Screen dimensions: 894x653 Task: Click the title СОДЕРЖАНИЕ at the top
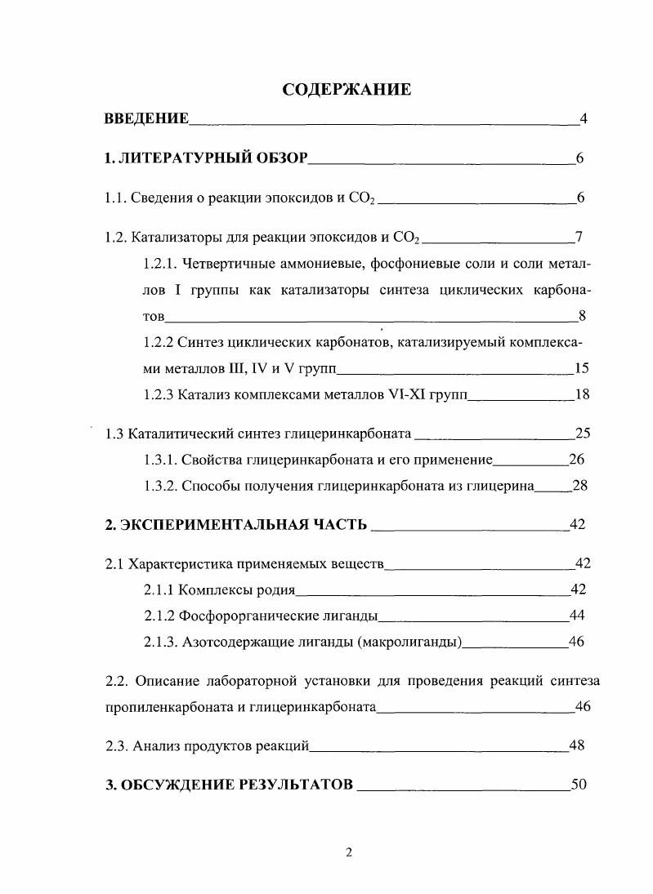click(346, 90)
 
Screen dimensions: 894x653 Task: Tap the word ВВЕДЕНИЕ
click(147, 119)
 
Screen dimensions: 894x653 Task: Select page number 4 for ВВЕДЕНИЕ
click(584, 119)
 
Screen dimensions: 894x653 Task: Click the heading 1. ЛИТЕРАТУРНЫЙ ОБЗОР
click(206, 159)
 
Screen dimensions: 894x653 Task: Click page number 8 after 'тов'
click(583, 316)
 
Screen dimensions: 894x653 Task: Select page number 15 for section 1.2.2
click(582, 368)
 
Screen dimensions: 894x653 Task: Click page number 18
click(582, 394)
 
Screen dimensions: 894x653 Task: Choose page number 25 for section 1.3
click(582, 434)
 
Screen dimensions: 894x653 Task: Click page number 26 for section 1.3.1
click(577, 460)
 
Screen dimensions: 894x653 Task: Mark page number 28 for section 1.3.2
click(580, 486)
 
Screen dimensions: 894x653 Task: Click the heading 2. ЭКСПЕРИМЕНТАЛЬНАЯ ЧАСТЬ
click(236, 525)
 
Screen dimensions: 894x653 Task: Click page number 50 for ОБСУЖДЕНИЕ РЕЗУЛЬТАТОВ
click(579, 785)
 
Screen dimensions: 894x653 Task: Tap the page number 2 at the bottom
click(348, 854)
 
